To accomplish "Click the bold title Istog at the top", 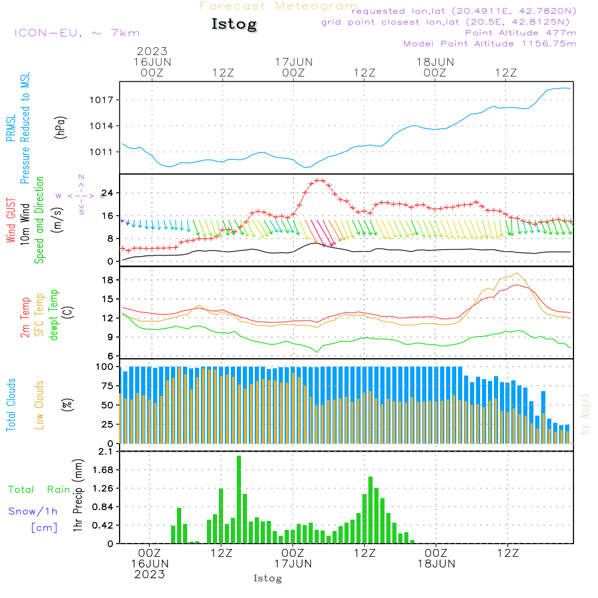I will coord(234,25).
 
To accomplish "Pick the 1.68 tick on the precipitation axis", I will coord(103,470).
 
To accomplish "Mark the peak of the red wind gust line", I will coord(319,179).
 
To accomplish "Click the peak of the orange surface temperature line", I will coord(516,273).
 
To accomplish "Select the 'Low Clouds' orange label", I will coord(39,404).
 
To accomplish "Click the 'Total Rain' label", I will coord(39,489).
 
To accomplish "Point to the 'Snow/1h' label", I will coord(33,511).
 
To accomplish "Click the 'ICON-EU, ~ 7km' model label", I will coord(77,33).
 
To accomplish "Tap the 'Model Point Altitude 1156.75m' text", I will coord(490,44).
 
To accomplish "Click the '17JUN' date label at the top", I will coord(294,62).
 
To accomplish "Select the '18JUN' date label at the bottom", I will coord(437,563).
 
